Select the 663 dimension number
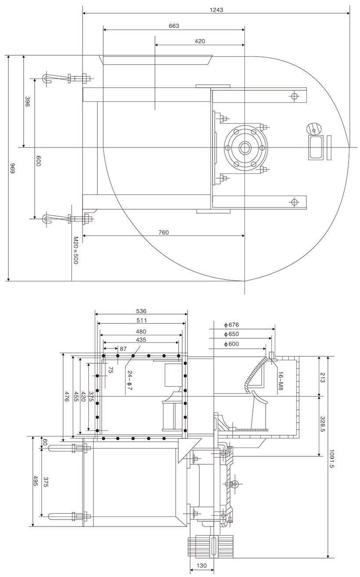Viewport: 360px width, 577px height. pos(174,26)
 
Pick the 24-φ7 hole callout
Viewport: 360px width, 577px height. pos(130,380)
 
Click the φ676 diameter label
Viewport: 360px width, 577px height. pos(231,325)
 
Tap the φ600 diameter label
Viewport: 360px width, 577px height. pos(231,344)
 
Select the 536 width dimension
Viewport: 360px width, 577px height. pos(141,311)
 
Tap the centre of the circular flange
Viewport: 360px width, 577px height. pos(245,147)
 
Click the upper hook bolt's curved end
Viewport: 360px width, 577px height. pos(46,79)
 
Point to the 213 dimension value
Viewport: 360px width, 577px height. pos(323,377)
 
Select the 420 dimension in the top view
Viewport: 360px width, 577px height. pos(200,41)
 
